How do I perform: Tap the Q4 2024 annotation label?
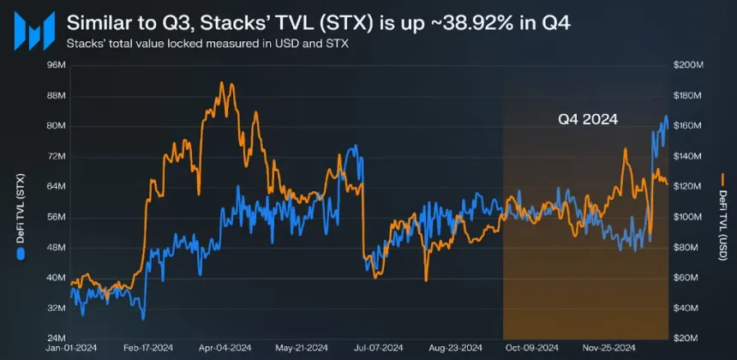(x=588, y=119)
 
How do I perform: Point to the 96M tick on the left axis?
(x=57, y=65)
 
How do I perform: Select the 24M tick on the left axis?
(x=57, y=338)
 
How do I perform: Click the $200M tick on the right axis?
(x=689, y=65)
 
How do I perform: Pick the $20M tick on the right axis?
(x=687, y=338)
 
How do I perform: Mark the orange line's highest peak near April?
(x=221, y=83)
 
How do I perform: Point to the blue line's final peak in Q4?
(x=666, y=117)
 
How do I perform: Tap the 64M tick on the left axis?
(x=57, y=186)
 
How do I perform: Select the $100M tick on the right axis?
(x=689, y=217)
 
